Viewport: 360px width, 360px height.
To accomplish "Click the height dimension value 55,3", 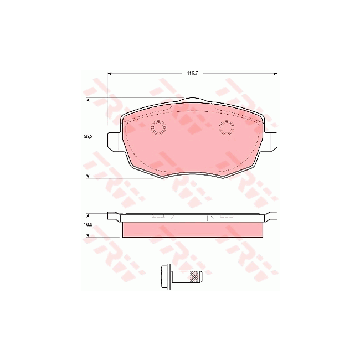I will (x=88, y=136).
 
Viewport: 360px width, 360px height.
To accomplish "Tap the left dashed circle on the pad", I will (x=158, y=128).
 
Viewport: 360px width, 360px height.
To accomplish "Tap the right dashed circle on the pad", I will (x=226, y=128).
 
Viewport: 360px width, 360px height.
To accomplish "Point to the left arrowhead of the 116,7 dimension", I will (x=110, y=73).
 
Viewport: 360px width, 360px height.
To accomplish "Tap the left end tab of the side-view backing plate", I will (x=113, y=217).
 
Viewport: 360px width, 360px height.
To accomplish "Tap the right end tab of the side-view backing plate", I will (x=271, y=217).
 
